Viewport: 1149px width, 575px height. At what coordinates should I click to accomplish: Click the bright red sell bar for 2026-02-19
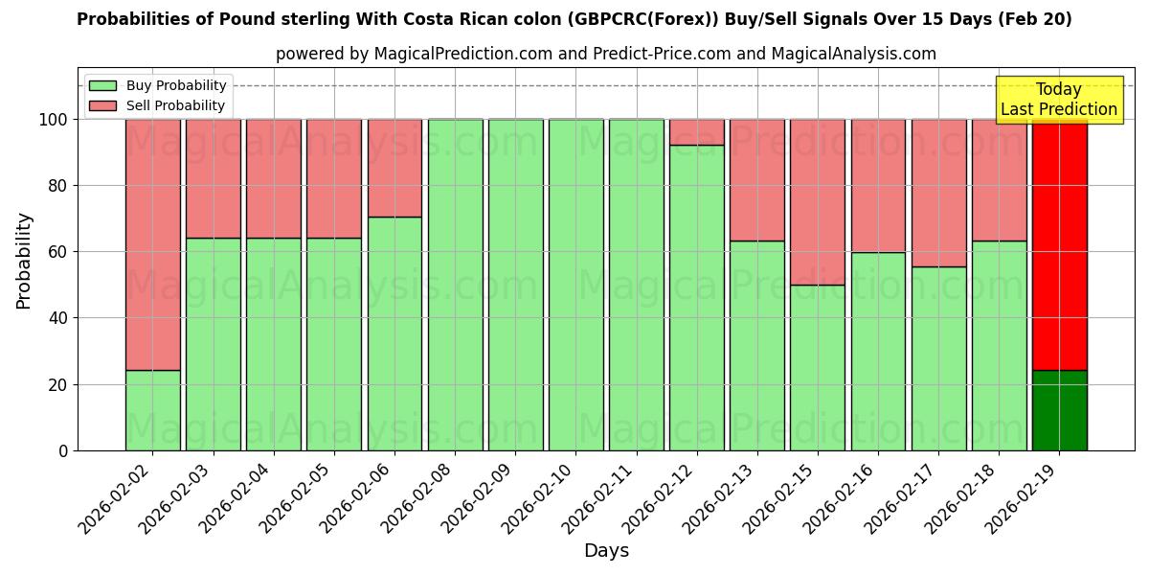pos(1059,244)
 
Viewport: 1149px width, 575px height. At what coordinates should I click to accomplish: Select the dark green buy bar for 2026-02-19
pos(1059,410)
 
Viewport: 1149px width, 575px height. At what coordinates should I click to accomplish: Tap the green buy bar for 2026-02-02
pos(152,410)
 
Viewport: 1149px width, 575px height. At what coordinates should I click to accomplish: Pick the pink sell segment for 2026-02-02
pos(152,244)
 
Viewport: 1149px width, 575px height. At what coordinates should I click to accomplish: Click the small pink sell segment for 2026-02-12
pos(697,132)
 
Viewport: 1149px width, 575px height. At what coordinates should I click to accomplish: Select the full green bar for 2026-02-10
pos(575,285)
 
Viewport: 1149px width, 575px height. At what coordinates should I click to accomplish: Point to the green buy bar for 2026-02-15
pos(818,368)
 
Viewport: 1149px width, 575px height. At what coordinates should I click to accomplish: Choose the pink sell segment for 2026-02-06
pos(394,168)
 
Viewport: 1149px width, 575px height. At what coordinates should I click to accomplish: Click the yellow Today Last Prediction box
pos(1058,100)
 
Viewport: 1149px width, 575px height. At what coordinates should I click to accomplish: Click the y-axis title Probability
pos(24,261)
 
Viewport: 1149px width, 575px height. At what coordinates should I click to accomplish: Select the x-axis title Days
pos(606,551)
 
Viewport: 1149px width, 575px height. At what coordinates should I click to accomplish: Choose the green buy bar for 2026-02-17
pos(938,358)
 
